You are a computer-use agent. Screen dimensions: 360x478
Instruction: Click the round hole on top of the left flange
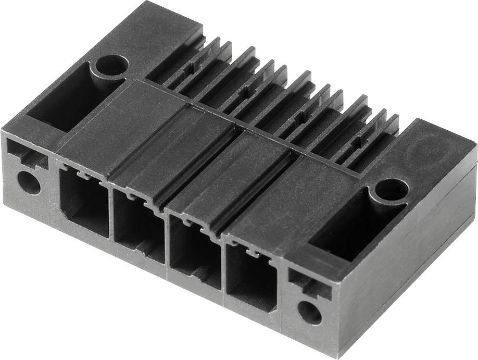tap(111, 65)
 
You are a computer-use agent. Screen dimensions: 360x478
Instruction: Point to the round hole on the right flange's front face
tap(309, 313)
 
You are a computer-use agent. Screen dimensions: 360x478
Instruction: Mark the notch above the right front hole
tap(307, 282)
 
